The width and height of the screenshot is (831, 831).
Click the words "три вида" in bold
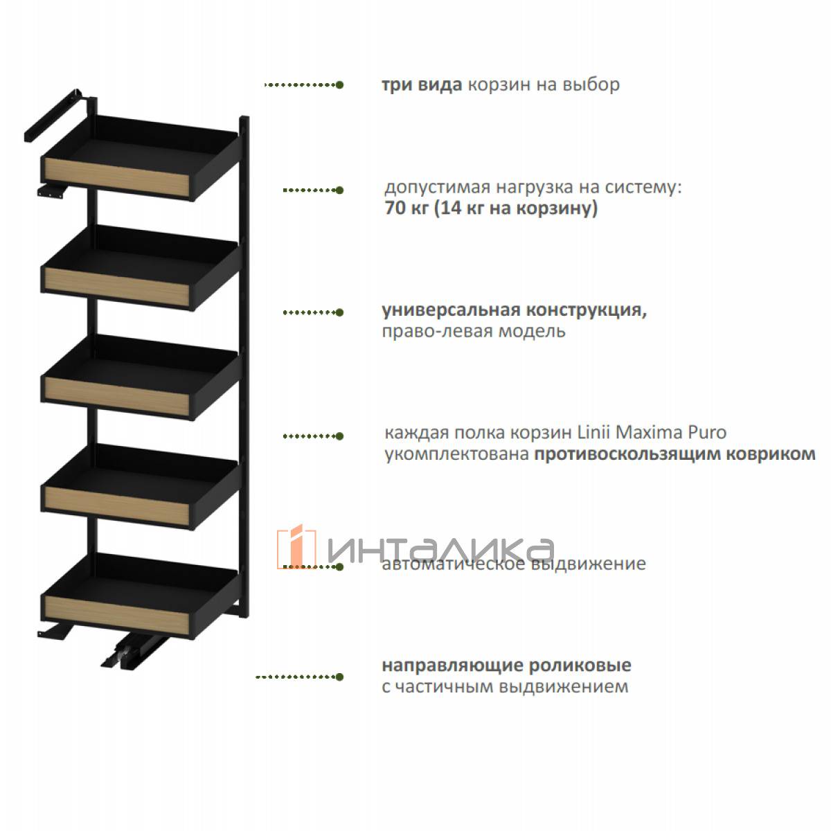point(422,85)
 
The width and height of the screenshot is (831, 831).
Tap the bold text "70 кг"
point(406,208)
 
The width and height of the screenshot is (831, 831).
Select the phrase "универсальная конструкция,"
point(514,310)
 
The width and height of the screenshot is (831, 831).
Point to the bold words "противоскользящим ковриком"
point(675,454)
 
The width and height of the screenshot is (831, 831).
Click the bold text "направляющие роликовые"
point(506,665)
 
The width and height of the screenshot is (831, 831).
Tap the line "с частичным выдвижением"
point(505,686)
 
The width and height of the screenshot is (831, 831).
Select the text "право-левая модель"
point(474,332)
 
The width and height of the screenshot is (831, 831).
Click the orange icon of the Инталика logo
point(296,547)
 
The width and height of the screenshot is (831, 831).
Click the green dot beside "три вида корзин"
point(339,85)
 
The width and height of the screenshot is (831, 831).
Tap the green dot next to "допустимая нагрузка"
point(339,190)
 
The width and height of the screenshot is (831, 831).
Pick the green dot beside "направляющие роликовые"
point(339,677)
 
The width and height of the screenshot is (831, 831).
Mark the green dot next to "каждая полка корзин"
point(339,436)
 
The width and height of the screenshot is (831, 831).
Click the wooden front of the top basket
point(116,177)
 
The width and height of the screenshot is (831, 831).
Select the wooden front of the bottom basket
point(116,614)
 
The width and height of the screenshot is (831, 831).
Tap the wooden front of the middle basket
point(116,395)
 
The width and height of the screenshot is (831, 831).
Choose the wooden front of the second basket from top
point(116,286)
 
